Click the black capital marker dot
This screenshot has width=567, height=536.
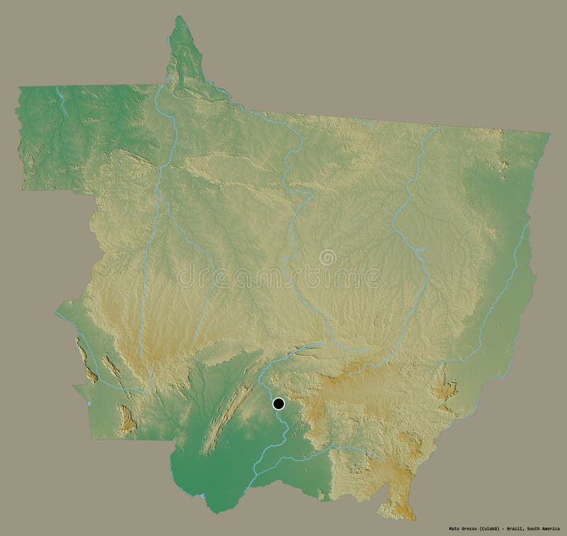[x=279, y=404]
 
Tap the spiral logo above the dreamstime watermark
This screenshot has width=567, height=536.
[x=327, y=257]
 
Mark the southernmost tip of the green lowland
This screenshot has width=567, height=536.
[x=213, y=509]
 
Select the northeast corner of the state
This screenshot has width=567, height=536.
[x=549, y=133]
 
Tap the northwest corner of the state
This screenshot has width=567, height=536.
[x=19, y=87]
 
